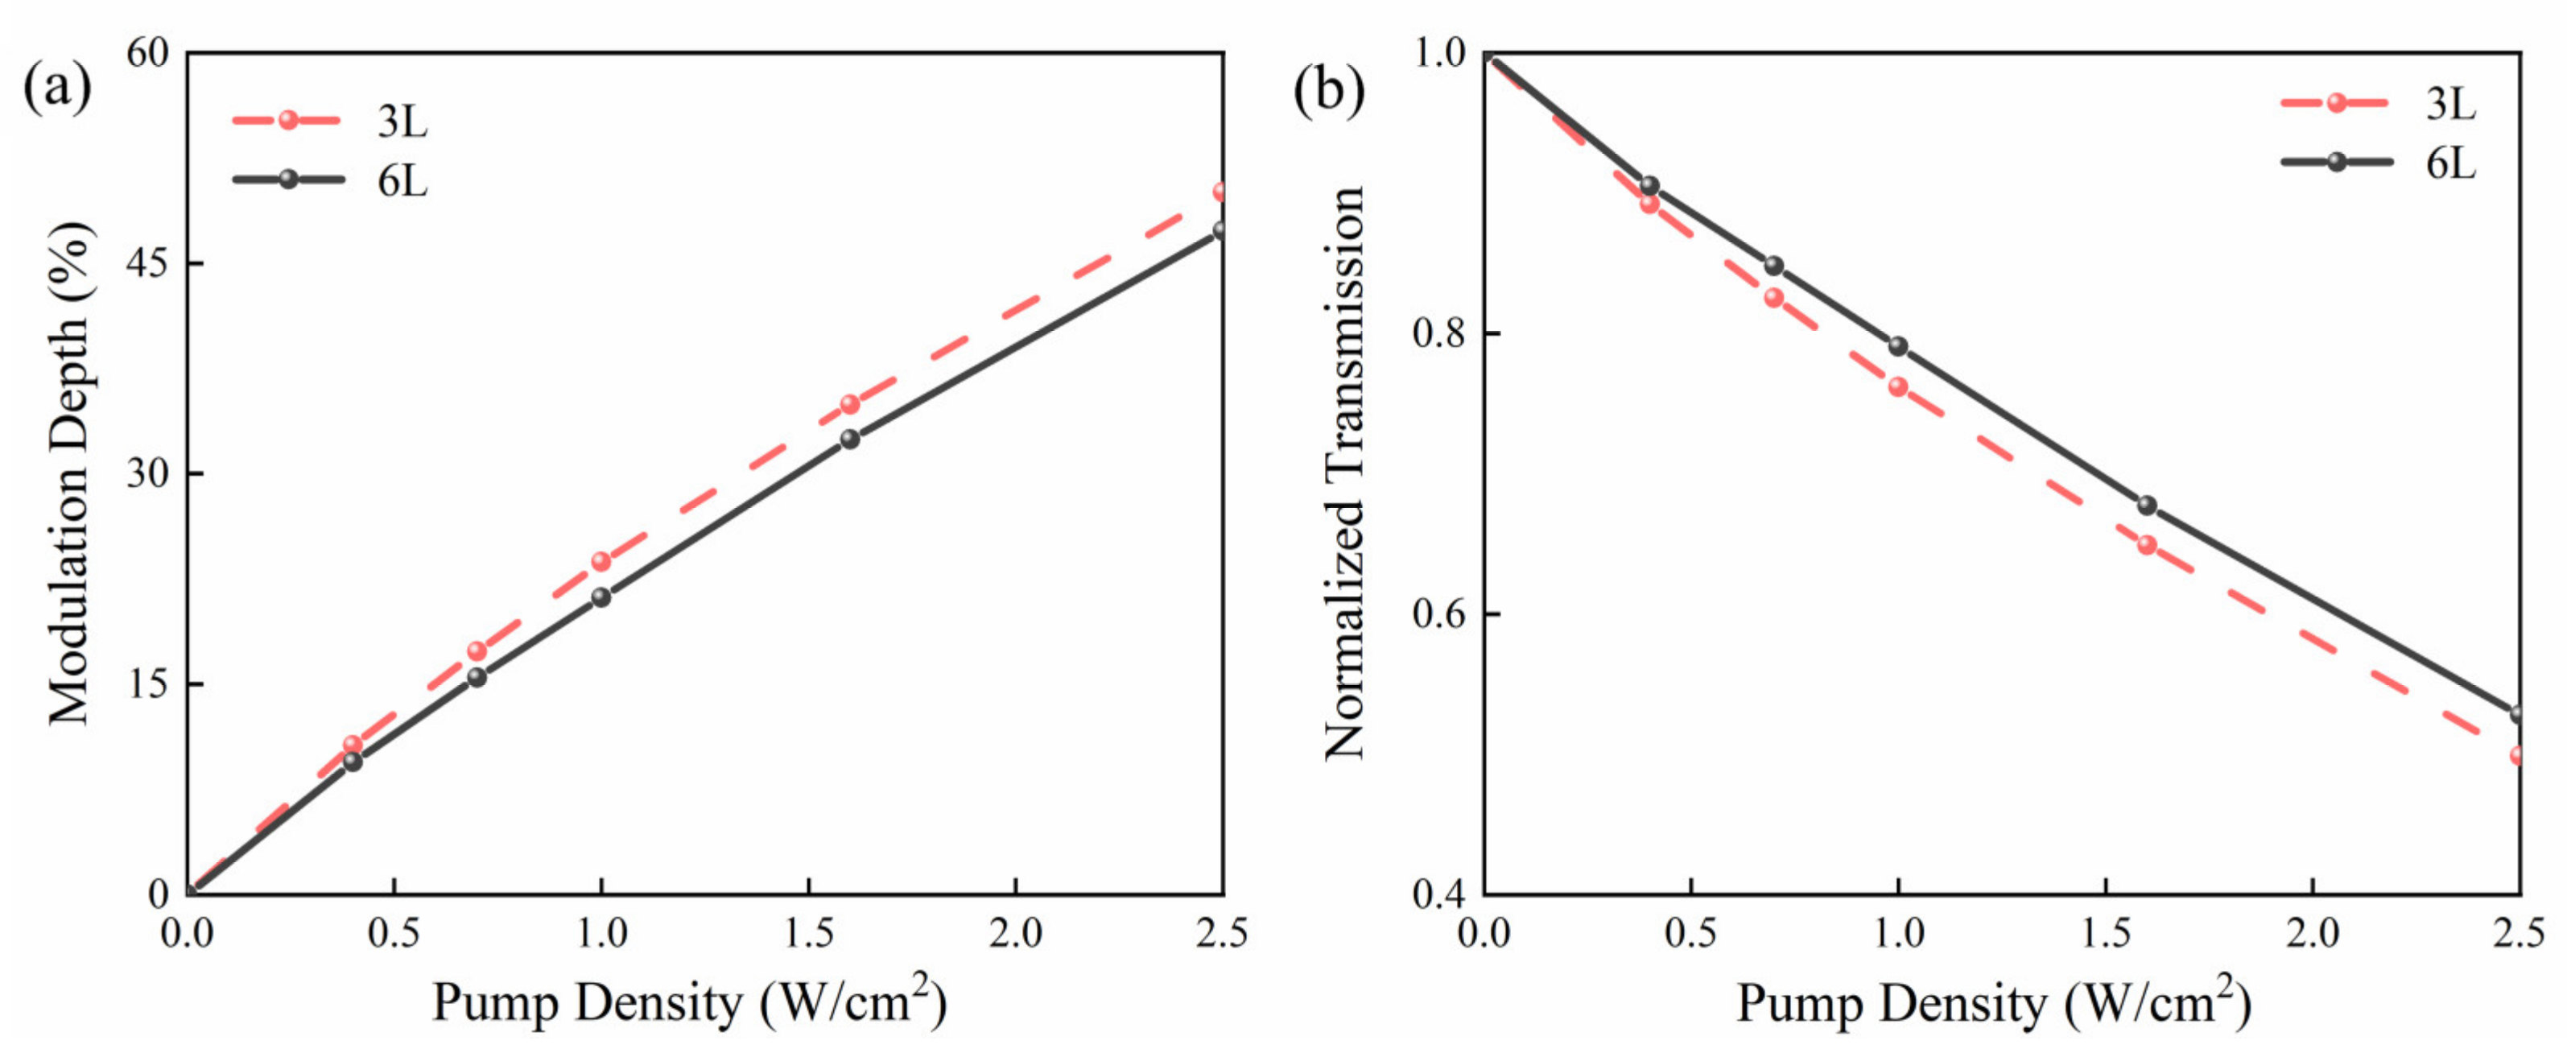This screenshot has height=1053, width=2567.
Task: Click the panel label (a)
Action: point(57,88)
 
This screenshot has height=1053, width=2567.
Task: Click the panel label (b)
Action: point(1328,91)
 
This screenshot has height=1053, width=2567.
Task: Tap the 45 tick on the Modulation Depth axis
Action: point(151,263)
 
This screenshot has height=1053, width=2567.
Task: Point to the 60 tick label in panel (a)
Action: point(150,53)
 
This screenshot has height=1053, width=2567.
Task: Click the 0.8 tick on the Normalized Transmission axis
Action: point(1441,334)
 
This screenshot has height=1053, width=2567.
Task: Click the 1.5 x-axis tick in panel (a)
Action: point(807,934)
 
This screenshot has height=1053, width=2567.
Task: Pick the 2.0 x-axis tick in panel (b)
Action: point(2312,934)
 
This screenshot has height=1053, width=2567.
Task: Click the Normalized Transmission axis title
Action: point(1343,473)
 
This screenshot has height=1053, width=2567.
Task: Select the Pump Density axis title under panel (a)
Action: point(687,1002)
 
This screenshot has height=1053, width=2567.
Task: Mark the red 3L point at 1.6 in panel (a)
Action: point(849,403)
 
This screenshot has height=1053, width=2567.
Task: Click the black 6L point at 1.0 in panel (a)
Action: point(600,597)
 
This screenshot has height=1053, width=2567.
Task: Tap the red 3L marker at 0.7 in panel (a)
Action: point(477,651)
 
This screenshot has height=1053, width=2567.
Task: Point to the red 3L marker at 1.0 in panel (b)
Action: point(1897,386)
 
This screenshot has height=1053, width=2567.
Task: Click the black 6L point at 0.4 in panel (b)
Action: point(1649,186)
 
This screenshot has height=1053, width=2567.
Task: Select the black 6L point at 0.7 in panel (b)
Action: point(1773,266)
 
